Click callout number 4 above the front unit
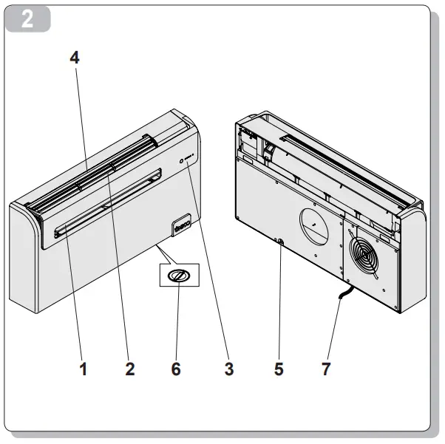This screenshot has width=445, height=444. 75,58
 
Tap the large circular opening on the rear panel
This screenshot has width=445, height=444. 316,225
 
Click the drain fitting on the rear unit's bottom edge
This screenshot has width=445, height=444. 279,240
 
